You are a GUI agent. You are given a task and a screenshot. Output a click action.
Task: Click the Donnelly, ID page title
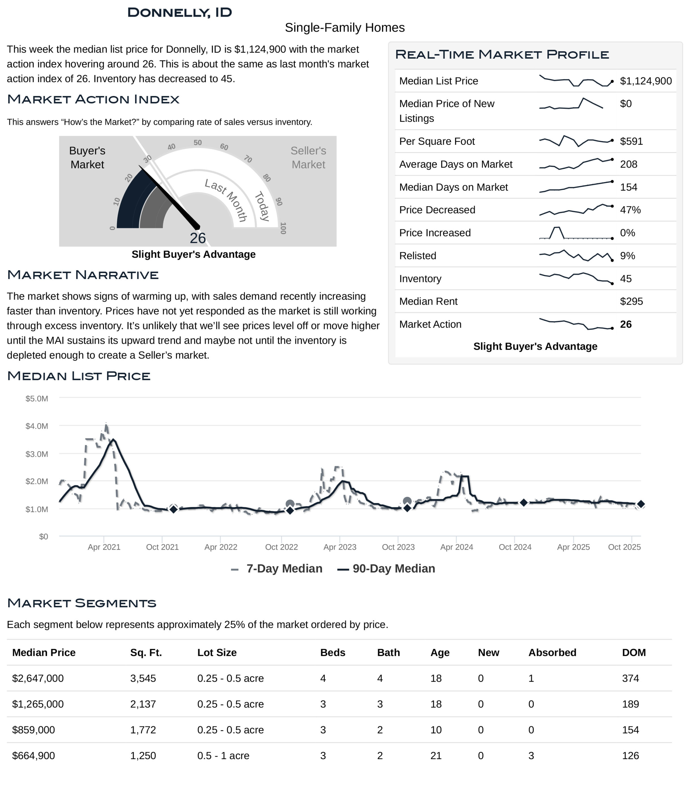pyautogui.click(x=180, y=12)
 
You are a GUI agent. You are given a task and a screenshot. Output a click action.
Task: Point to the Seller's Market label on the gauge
pyautogui.click(x=308, y=157)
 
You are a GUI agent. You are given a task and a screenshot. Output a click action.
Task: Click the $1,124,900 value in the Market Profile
pyautogui.click(x=645, y=81)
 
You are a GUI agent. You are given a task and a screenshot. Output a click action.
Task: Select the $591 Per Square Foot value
pyautogui.click(x=631, y=142)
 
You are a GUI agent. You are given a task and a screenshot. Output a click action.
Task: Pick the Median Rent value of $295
pyautogui.click(x=631, y=301)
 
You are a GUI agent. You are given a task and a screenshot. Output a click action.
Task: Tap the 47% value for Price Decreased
pyautogui.click(x=630, y=210)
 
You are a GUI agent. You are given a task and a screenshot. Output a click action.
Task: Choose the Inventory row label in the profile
pyautogui.click(x=420, y=279)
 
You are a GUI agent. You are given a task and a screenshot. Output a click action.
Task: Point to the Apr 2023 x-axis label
pyautogui.click(x=340, y=547)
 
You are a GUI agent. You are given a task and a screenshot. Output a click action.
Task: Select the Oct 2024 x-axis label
pyautogui.click(x=515, y=547)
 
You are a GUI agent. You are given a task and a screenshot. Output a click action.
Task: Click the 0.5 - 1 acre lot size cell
pyautogui.click(x=223, y=756)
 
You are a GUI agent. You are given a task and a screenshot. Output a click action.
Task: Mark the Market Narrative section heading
pyautogui.click(x=83, y=275)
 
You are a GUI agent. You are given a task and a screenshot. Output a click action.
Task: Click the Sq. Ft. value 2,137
pyautogui.click(x=143, y=704)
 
